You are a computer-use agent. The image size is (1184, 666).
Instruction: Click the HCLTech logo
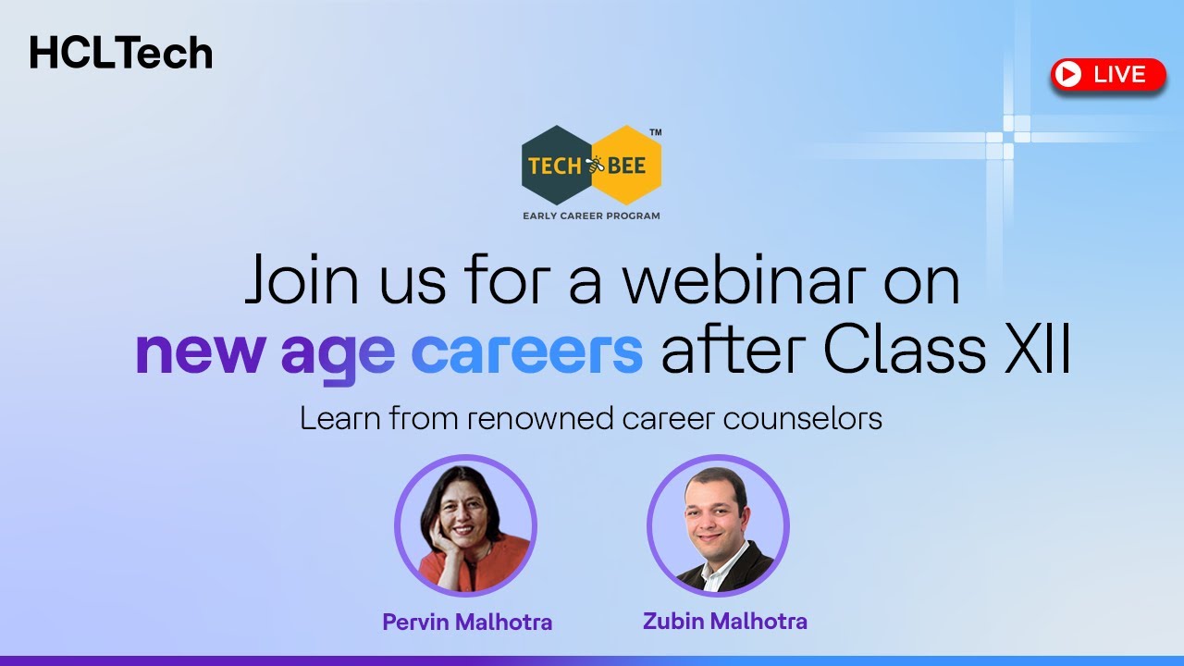[121, 53]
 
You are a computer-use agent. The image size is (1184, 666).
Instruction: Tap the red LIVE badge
[1108, 75]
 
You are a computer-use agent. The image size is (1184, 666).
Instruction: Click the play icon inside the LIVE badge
[1068, 75]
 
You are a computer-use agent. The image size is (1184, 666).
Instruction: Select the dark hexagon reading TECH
[556, 166]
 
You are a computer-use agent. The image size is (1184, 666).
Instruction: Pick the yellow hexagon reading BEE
[627, 166]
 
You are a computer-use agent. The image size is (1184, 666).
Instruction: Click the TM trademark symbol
[655, 132]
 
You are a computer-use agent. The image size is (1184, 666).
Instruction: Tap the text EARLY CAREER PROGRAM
[591, 216]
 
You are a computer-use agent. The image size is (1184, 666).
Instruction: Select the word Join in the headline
[297, 282]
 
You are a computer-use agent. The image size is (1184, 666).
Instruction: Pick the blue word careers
[526, 352]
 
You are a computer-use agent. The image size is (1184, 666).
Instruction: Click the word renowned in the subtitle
[538, 419]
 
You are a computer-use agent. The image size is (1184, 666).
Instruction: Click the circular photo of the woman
[465, 525]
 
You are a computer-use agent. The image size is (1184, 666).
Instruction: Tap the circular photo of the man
[718, 525]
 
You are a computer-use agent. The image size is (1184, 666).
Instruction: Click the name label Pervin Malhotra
[467, 623]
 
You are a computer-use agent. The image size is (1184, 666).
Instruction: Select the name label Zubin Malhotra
[724, 621]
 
